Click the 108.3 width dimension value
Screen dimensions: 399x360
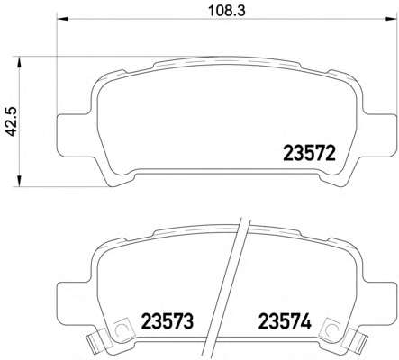click(x=227, y=11)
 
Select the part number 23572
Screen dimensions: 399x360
click(x=309, y=153)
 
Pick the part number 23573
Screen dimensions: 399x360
click(x=168, y=321)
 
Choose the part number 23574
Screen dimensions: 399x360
click(x=285, y=321)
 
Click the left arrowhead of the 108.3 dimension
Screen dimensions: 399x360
click(x=63, y=19)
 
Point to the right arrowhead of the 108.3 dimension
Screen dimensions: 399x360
click(x=391, y=19)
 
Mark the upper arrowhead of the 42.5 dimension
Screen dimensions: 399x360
click(x=19, y=62)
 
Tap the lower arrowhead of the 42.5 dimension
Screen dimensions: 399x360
click(x=19, y=181)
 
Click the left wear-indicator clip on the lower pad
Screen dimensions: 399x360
click(x=94, y=341)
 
